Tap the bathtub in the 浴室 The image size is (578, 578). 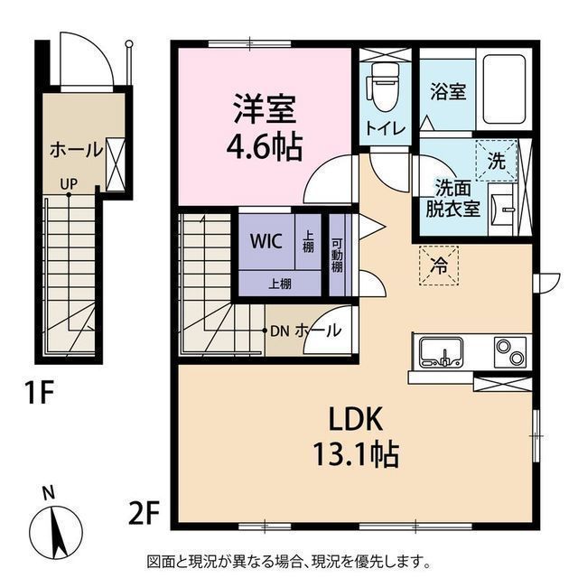(504, 89)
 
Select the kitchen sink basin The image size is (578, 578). (442, 353)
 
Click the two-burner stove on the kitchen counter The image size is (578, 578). (510, 351)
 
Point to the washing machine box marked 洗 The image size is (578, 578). (497, 161)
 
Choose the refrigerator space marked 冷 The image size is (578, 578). (439, 266)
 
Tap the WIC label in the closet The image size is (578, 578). (266, 241)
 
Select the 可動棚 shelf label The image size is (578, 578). (337, 256)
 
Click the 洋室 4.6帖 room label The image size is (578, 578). (265, 127)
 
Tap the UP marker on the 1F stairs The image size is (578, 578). (69, 183)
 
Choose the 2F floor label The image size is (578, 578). (144, 514)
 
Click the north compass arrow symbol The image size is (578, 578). (56, 530)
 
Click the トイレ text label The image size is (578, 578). (386, 129)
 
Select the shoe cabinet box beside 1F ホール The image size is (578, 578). (116, 164)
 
